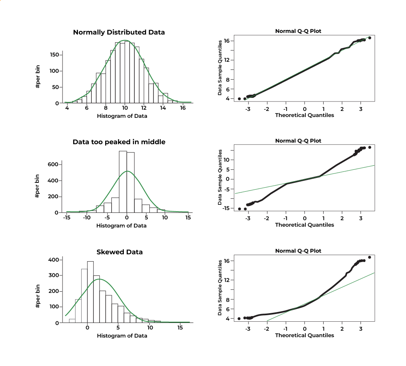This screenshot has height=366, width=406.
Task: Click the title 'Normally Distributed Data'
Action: [x=119, y=32]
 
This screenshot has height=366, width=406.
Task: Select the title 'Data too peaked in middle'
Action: [x=119, y=142]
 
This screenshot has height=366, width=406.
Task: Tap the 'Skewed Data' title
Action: [x=119, y=252]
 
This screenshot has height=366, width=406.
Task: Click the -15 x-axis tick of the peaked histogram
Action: [x=66, y=218]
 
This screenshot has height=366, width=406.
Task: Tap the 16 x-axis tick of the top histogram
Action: [x=183, y=108]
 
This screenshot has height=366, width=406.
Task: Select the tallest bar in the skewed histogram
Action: [x=91, y=292]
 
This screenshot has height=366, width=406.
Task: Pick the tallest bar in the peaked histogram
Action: [x=123, y=182]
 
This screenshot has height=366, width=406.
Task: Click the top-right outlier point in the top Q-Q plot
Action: [x=369, y=38]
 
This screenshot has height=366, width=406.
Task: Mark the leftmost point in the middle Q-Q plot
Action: [x=240, y=209]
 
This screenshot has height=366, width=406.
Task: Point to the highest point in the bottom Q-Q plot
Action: [x=369, y=257]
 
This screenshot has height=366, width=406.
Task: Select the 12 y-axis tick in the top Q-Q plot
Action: [x=227, y=60]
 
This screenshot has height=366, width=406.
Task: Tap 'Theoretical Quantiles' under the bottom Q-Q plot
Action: [x=304, y=335]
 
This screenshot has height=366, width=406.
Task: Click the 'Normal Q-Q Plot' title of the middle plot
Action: [x=298, y=141]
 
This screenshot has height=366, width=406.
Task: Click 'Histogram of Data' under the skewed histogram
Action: [x=122, y=336]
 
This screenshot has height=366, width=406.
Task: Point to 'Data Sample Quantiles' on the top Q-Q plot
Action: [x=220, y=67]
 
